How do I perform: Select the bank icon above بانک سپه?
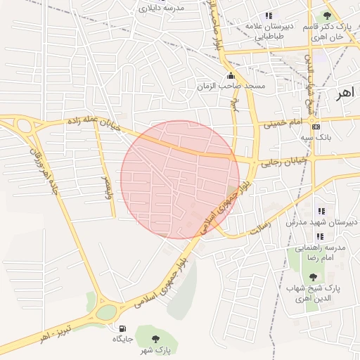point(316,127)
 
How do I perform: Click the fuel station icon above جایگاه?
point(122,328)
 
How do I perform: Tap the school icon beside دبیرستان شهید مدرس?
point(321,211)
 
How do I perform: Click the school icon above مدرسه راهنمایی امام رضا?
point(320,236)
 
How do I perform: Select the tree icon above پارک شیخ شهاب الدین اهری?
point(313,277)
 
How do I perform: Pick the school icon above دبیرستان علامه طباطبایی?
point(268,16)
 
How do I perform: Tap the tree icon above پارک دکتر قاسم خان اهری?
point(327,15)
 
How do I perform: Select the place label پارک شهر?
point(160,348)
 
